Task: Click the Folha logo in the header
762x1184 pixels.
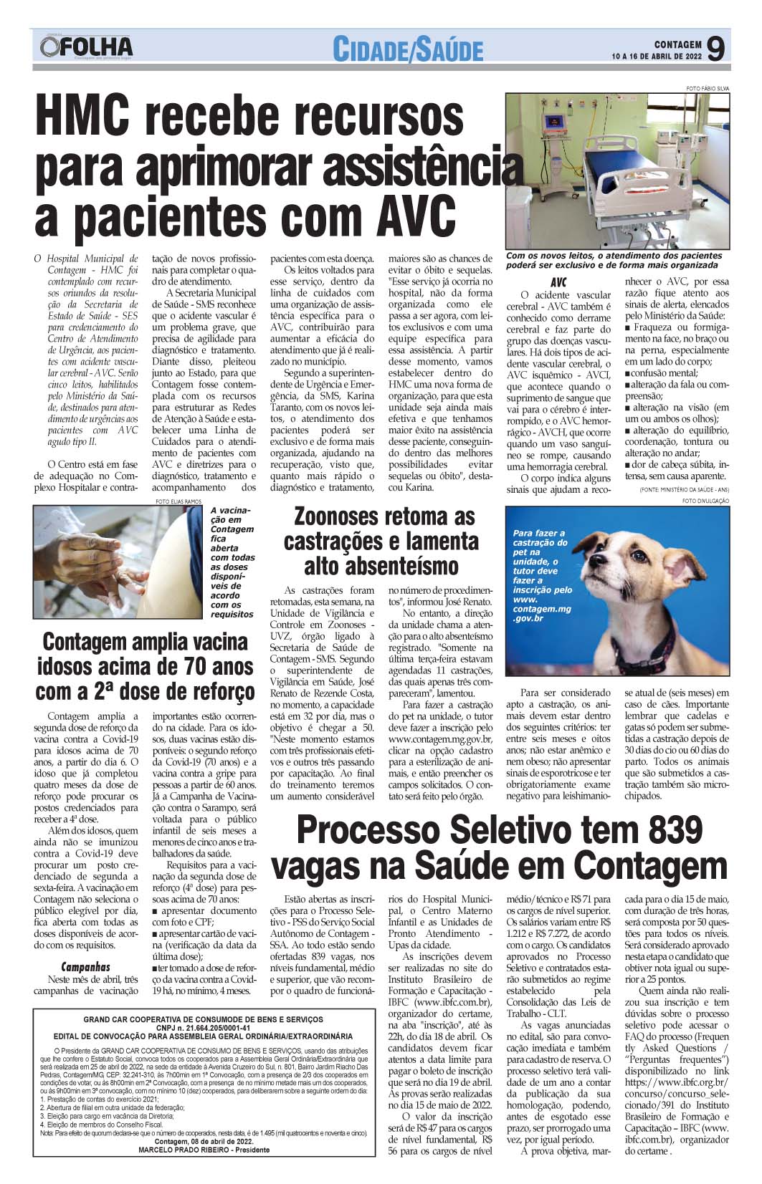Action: [87, 47]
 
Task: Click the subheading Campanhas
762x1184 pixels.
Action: [86, 966]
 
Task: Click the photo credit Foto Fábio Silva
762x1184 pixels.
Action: [707, 88]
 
